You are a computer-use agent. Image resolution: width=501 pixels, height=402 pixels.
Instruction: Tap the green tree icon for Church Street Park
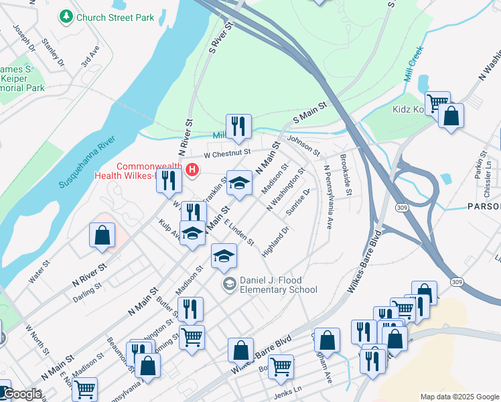click(x=66, y=15)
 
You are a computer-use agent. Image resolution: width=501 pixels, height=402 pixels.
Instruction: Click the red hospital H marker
click(x=193, y=170)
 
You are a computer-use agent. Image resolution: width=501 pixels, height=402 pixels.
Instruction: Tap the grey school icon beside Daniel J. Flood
click(x=229, y=284)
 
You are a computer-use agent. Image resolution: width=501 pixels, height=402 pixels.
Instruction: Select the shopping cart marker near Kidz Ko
click(x=437, y=103)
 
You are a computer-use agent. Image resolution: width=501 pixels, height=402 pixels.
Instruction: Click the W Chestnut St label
click(x=226, y=153)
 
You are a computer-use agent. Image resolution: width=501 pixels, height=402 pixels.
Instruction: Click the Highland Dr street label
click(x=275, y=242)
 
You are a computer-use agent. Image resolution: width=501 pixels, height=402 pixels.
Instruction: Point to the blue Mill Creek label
click(x=413, y=63)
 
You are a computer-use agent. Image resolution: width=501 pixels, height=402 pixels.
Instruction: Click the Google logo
click(x=21, y=394)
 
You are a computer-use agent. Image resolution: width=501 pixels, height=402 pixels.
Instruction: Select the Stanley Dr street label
click(x=52, y=52)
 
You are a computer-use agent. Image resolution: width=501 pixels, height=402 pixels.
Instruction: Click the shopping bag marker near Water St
click(x=101, y=235)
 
